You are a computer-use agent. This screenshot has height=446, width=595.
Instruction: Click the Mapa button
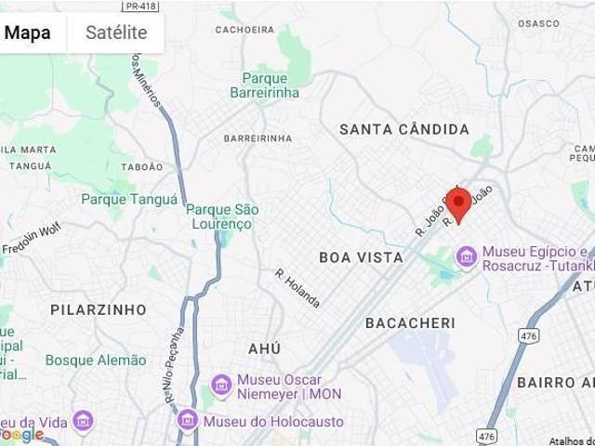[28, 33]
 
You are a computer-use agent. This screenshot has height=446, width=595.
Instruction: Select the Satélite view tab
[116, 33]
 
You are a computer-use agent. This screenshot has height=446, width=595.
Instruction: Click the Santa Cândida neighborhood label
[403, 129]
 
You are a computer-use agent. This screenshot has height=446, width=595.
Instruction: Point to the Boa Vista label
[361, 256]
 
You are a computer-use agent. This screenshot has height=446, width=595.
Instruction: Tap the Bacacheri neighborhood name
[410, 322]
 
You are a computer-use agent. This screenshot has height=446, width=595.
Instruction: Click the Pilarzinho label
[99, 308]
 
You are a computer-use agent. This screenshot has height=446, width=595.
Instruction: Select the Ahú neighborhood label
[264, 348]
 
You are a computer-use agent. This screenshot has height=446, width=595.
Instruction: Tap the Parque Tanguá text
[128, 199]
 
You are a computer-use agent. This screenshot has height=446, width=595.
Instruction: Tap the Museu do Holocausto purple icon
[188, 421]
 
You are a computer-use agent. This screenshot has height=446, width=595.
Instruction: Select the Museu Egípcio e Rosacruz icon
[466, 254]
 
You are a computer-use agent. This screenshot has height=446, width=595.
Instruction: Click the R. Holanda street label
[297, 288]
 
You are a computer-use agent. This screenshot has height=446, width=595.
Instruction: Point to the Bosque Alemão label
[96, 360]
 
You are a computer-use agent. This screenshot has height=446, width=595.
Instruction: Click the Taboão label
[142, 167]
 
